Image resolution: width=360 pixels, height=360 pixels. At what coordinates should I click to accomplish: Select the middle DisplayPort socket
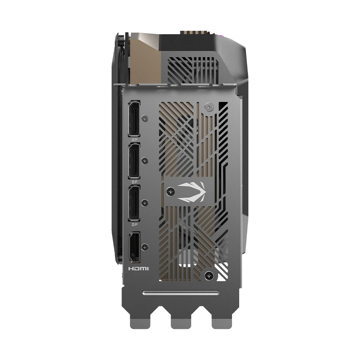click(x=134, y=161)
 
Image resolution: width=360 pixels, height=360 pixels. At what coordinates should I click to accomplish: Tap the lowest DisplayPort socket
click(x=134, y=203)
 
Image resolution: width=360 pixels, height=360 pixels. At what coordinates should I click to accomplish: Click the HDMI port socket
click(x=134, y=247)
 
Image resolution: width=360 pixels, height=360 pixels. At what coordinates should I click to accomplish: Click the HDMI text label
click(x=138, y=269)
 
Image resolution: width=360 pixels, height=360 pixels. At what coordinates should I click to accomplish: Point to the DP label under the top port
click(x=134, y=140)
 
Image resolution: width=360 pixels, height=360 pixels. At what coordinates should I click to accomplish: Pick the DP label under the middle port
click(x=134, y=182)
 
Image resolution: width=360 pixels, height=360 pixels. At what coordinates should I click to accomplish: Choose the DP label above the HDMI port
click(x=134, y=224)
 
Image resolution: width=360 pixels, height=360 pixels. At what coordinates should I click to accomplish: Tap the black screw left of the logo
click(x=170, y=191)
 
